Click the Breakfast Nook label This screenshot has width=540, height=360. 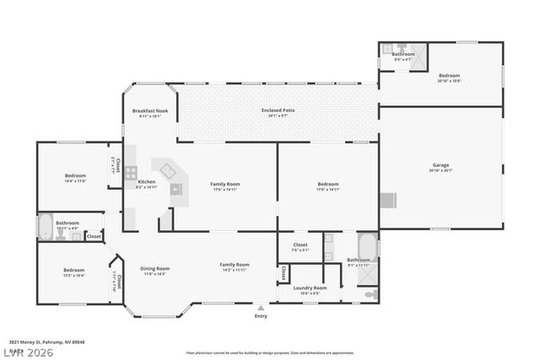coord(149,111)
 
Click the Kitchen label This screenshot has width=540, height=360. coord(146,182)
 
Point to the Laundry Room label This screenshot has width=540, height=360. coord(310,288)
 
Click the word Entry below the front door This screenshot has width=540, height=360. coord(261,316)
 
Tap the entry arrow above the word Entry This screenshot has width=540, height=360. coord(261,308)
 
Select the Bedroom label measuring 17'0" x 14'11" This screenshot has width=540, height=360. coord(327,184)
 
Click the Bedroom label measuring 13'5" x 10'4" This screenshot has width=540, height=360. coord(73,271)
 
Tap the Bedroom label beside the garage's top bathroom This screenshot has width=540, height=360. coord(448,77)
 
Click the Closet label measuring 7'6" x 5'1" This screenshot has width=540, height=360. coord(300,245)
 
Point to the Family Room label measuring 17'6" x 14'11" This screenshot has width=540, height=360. coord(225,184)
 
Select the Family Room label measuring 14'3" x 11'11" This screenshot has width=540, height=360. coord(235,265)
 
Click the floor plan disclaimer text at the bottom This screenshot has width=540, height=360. coord(270,352)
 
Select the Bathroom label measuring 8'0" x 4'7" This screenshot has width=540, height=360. coord(402,55)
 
